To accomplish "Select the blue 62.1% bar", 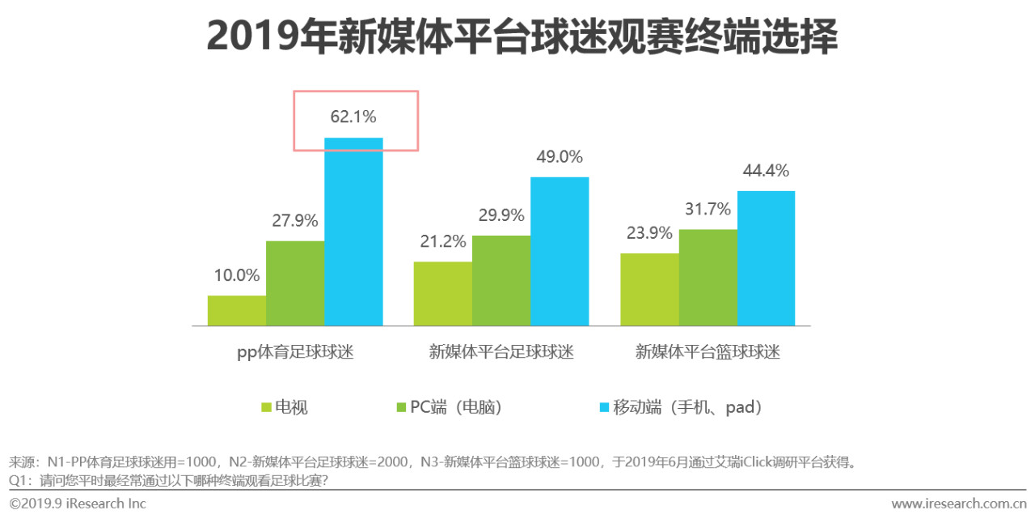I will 353,232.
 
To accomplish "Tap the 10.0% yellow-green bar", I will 237,311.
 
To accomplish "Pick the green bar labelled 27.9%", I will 295,283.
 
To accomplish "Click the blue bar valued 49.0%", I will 560,251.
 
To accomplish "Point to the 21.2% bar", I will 442,294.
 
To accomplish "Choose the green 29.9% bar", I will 501,281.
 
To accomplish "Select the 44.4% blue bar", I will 766,258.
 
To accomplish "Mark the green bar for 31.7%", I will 708,278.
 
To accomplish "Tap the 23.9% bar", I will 649,290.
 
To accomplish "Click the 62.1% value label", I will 353,117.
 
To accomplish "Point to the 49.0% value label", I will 560,157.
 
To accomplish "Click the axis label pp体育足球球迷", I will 295,352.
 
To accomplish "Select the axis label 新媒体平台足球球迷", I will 501,352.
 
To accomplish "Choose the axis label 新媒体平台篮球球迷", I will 708,352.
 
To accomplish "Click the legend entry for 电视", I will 284,407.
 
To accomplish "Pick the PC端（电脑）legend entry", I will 448,407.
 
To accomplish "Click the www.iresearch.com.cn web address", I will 958,504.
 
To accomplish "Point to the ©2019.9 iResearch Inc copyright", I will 78,504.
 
